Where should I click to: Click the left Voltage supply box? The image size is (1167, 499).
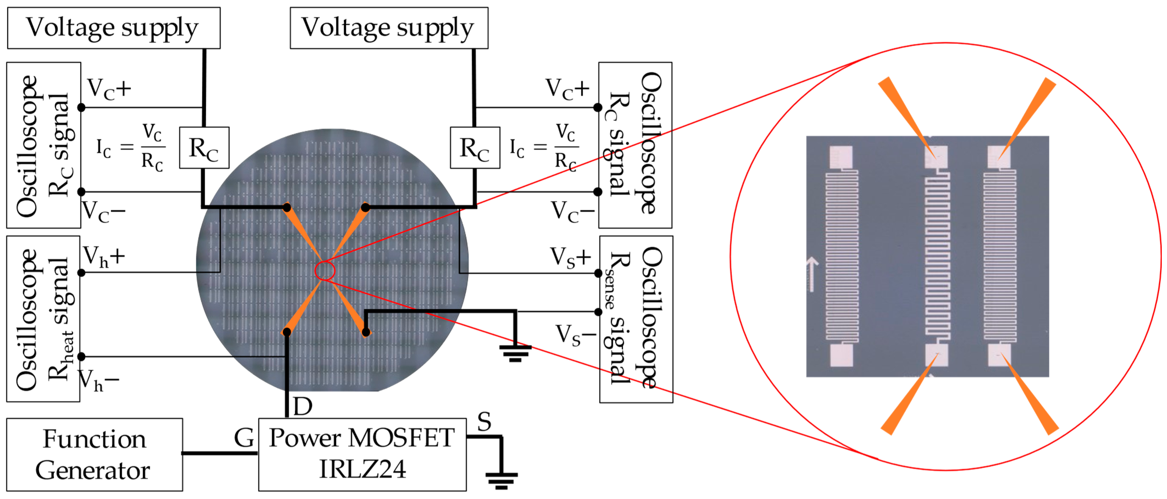point(113,28)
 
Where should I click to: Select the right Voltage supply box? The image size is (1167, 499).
point(389,28)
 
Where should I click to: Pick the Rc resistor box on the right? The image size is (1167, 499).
point(475,148)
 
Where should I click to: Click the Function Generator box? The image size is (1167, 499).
point(94,454)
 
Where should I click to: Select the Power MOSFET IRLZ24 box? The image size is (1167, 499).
point(362,454)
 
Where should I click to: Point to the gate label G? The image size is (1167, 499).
point(244,438)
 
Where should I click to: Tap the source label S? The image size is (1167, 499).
point(484,422)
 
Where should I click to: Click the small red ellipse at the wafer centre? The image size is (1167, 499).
point(324,271)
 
